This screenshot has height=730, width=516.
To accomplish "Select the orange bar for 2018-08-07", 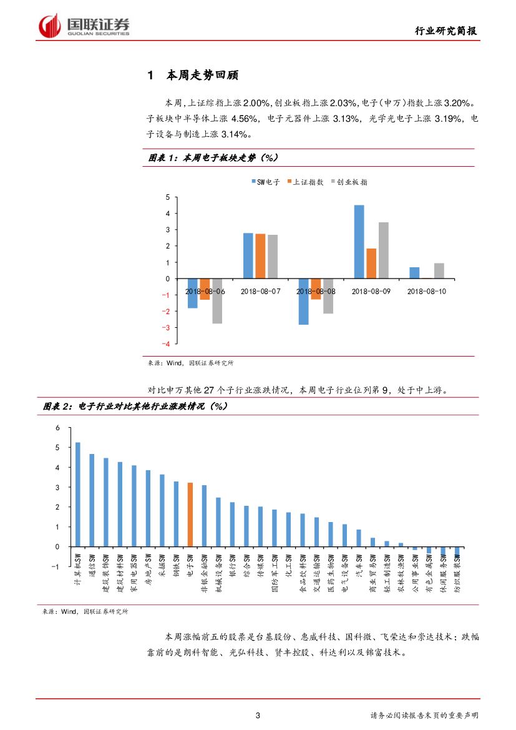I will pos(260,255).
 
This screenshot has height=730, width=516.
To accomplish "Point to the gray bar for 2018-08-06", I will pos(217,301).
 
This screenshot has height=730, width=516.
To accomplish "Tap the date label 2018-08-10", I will pos(427,291).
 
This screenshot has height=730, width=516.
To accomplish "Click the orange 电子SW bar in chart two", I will pos(190,514).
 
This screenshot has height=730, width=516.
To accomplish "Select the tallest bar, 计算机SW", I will pos(78,494).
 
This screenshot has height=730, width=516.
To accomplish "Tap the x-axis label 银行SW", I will pos(233,568).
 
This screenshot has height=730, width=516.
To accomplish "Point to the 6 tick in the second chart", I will pos(57,428).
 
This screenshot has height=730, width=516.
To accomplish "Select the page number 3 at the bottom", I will pos(258,715).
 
